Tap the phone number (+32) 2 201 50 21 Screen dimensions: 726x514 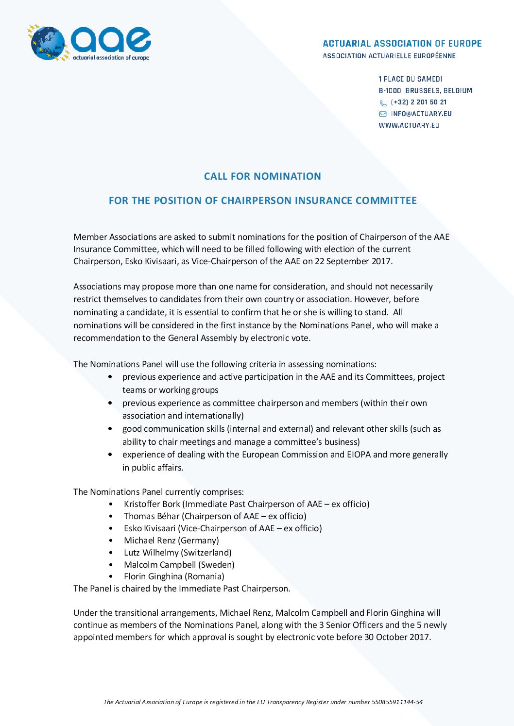419,102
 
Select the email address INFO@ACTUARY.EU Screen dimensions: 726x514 421,114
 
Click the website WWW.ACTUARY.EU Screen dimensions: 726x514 409,125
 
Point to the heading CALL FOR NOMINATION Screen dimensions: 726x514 262,176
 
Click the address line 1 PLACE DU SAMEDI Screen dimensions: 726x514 411,79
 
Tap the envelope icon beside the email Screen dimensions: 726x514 383,114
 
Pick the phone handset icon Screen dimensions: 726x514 383,103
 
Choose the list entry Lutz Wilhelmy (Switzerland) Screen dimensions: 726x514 178,553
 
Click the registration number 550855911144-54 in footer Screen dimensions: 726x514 397,702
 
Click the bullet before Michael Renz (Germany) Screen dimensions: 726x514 111,540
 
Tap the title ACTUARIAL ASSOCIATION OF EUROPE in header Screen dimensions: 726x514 402,44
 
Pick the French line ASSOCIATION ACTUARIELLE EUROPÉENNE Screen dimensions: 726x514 389,56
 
